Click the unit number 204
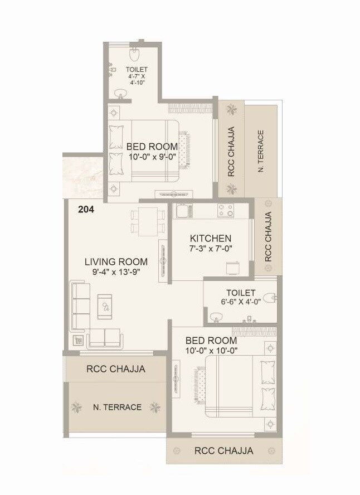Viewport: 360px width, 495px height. click(86, 210)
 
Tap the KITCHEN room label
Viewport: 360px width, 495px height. click(211, 239)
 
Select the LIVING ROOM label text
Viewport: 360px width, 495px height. click(116, 261)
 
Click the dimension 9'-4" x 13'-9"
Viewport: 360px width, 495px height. click(116, 273)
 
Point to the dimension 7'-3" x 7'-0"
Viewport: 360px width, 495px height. click(211, 249)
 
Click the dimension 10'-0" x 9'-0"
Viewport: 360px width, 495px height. click(152, 157)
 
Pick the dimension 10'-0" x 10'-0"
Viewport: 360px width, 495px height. click(211, 351)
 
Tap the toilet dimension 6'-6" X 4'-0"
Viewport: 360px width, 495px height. click(241, 304)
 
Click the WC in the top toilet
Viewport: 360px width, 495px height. click(134, 54)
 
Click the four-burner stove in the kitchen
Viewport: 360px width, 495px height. click(226, 211)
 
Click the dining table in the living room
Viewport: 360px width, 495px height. click(148, 220)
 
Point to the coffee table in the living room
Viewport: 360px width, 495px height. click(105, 306)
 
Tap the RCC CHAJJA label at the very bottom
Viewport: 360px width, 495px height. click(223, 450)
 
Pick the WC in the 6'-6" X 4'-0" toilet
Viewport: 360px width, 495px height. click(270, 298)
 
